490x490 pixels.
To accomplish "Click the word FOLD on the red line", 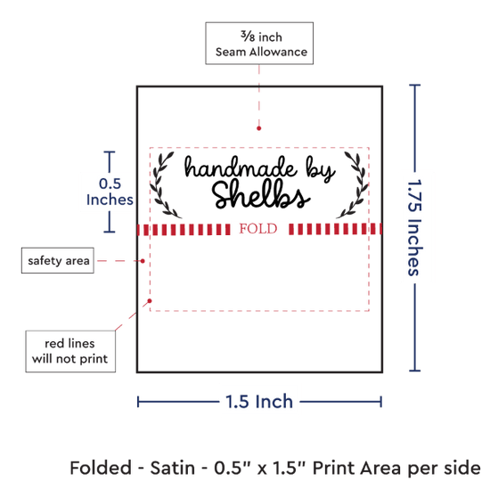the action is pos(258,229).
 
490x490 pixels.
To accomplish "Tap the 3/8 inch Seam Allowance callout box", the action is pos(259,43).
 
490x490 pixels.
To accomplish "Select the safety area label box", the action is pos(58,260).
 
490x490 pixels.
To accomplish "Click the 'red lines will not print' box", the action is pos(70,351).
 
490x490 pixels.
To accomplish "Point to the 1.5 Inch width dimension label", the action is pos(259,402).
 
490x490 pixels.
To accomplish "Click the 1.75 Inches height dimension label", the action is pos(415,227).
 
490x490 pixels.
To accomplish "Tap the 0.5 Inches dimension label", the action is pos(110,192).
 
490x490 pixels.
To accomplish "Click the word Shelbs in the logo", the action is pos(260,195).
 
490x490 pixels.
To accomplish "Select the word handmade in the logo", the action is pos(240,167).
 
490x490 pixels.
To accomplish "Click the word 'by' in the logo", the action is pos(321,170).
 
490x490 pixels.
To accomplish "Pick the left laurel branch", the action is pos(163,185).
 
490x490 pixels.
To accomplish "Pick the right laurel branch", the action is pos(353,185).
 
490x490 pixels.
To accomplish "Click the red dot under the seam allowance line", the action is pos(258,128).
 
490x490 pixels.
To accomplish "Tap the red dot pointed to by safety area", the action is pos(143,261).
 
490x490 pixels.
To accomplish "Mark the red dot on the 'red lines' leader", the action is pos(150,300).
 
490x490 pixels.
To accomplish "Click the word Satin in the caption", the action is pos(173,468).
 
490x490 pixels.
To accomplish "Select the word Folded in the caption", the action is pos(101,468).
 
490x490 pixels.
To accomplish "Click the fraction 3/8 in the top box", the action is pos(248,37).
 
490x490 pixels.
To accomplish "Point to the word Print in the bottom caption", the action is pos(334,468).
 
